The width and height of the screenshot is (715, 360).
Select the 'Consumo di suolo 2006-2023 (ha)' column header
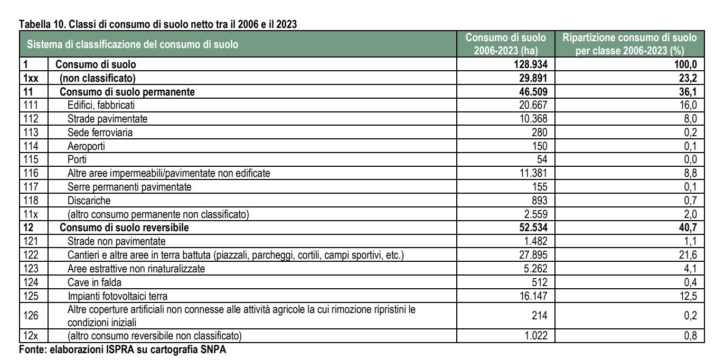(505, 44)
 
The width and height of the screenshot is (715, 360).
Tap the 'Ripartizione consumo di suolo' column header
(629, 44)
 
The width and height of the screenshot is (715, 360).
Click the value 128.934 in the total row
(530, 64)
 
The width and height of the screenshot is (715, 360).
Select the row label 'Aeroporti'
(86, 146)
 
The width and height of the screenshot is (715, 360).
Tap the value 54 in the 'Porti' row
(542, 159)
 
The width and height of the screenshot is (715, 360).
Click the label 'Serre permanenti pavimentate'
(129, 187)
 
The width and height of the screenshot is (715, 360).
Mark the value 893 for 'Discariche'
(539, 201)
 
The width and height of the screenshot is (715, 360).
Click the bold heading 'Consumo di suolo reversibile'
(124, 228)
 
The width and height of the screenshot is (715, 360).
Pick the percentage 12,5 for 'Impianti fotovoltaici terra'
(688, 296)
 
